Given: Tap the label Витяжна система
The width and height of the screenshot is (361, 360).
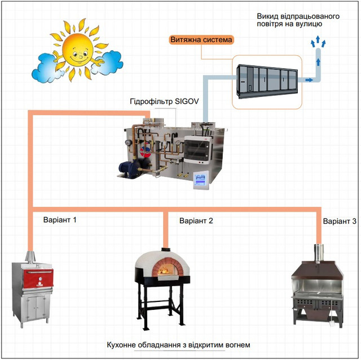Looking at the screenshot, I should [x=201, y=40].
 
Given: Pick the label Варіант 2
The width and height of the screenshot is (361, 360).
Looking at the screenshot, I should [x=196, y=221].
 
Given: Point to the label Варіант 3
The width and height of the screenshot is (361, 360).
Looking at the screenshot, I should [x=340, y=221].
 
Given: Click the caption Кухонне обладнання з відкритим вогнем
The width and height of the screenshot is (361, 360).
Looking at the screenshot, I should [x=178, y=345].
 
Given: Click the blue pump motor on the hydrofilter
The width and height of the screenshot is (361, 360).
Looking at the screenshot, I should [x=126, y=168].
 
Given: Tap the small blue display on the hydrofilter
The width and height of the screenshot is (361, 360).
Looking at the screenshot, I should [x=201, y=180].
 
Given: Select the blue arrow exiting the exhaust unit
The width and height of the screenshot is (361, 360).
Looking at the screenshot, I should [x=308, y=81].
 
